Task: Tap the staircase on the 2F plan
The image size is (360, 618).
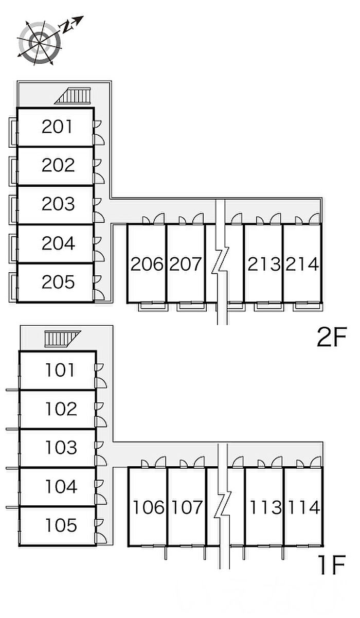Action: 73,96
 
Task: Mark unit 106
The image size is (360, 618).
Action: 148,507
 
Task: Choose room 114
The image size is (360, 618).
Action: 303,507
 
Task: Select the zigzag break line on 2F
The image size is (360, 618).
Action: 220,262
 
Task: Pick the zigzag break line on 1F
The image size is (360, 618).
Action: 223,507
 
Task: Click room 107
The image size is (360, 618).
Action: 187,507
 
